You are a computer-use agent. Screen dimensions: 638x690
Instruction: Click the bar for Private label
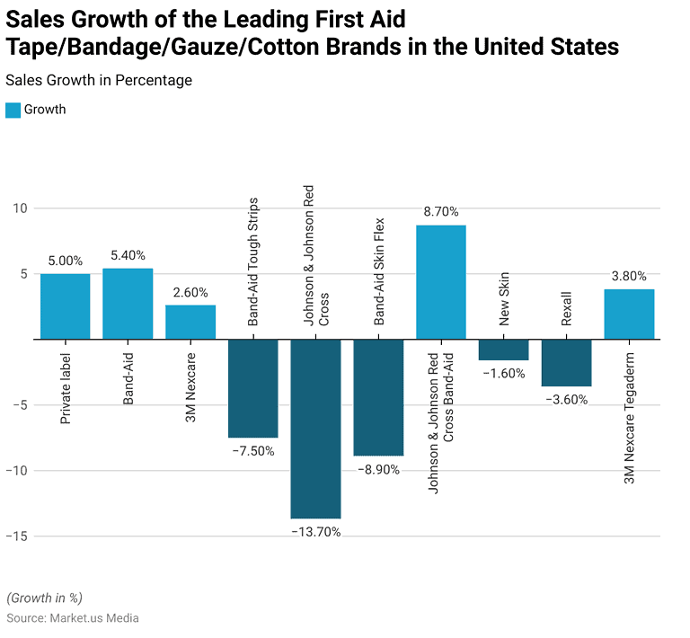66,306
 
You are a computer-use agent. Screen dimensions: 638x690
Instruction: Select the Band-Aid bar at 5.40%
128,304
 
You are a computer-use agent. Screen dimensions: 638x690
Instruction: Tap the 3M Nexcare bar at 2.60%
190,323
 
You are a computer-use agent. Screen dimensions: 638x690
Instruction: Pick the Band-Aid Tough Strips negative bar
253,388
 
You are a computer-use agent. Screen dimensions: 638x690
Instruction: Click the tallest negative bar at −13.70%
315,429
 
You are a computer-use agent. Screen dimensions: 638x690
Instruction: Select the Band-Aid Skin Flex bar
378,397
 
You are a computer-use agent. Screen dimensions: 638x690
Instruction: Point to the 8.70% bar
441,282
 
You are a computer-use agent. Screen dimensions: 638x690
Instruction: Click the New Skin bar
503,350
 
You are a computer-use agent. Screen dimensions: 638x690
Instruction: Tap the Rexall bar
566,363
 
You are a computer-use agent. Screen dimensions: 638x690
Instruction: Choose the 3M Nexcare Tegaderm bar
629,315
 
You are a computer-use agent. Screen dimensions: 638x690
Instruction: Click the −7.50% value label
252,451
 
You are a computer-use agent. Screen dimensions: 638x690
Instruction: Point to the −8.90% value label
378,470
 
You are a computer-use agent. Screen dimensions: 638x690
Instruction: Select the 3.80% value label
628,276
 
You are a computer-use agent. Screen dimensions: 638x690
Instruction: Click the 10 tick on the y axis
20,208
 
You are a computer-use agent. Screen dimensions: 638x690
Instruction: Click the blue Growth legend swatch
13,110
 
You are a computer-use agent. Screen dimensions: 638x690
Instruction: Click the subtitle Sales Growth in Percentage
99,81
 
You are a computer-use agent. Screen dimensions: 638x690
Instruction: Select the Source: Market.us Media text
73,618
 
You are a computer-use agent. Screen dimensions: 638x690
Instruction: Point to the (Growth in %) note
45,598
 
